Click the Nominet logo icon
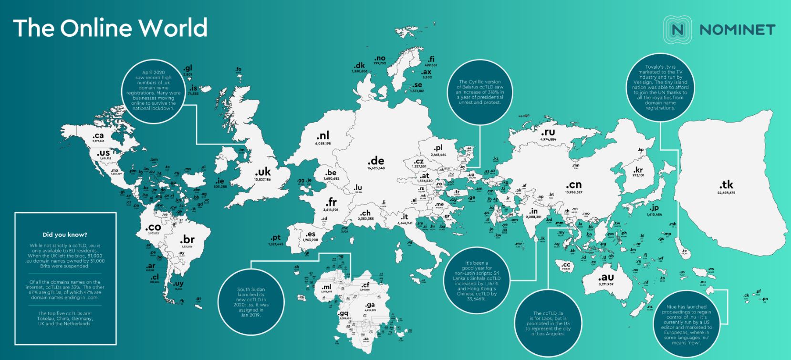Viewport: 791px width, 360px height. pyautogui.click(x=677, y=30)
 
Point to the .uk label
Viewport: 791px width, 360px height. pyautogui.click(x=262, y=172)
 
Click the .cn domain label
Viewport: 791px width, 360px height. pyautogui.click(x=573, y=185)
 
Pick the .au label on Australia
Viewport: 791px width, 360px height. pyautogui.click(x=606, y=277)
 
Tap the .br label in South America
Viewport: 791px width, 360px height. pyautogui.click(x=187, y=239)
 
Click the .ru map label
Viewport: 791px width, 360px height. pyautogui.click(x=548, y=132)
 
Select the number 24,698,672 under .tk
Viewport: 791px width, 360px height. pyautogui.click(x=726, y=193)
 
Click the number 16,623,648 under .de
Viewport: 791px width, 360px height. pyautogui.click(x=375, y=168)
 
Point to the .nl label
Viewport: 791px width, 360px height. pyautogui.click(x=323, y=136)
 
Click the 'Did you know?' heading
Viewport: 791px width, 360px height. pyautogui.click(x=65, y=235)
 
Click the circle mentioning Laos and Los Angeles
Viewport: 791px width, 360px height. pyautogui.click(x=548, y=323)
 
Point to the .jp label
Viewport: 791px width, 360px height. pyautogui.click(x=654, y=208)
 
